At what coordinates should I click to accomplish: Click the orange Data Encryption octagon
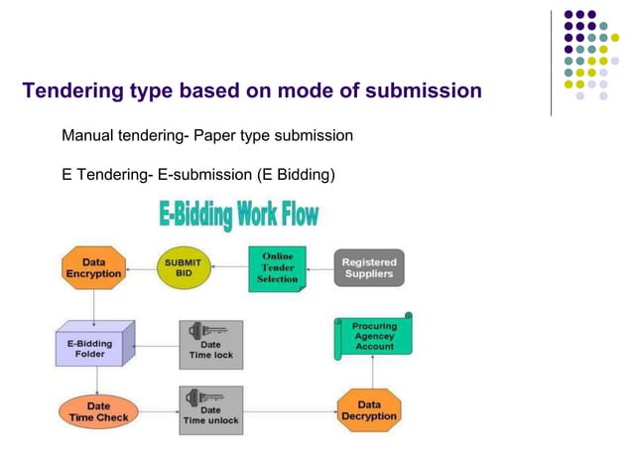coord(94,268)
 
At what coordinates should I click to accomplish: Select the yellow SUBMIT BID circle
coord(184,267)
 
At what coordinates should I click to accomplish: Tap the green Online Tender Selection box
coord(277,267)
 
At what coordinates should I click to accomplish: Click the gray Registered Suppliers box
coord(368,267)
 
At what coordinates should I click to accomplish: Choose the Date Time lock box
coord(210,344)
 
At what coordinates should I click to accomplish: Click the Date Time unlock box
coord(210,410)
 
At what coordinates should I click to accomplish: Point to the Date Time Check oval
coord(98,411)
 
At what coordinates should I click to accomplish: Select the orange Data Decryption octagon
coord(369,410)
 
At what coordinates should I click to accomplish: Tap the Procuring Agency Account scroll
coord(374,336)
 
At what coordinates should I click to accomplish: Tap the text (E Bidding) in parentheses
coord(296,175)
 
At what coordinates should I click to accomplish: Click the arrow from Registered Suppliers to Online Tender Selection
coord(319,267)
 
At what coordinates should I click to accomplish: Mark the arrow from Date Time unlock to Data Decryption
coord(289,410)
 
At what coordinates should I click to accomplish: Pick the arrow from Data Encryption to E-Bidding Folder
coord(93,304)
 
